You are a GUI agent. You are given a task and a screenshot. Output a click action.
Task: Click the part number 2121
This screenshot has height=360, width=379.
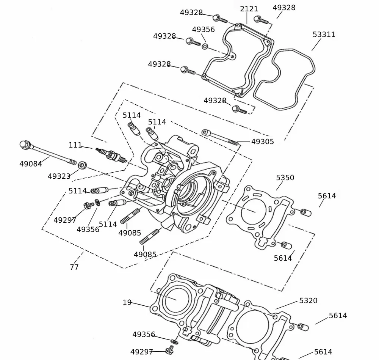pyautogui.click(x=249, y=9)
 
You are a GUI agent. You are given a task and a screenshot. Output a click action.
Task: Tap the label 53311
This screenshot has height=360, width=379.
pyautogui.click(x=324, y=35)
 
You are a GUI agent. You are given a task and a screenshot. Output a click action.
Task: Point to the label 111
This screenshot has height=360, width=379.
pyautogui.click(x=75, y=145)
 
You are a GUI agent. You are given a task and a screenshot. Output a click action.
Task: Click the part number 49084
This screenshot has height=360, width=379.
pyautogui.click(x=31, y=164)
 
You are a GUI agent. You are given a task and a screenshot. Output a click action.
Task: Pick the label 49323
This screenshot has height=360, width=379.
pyautogui.click(x=59, y=176)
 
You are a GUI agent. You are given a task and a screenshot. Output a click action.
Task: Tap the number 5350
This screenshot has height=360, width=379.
pyautogui.click(x=285, y=178)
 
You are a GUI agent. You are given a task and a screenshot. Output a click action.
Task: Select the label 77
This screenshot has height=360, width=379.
pyautogui.click(x=74, y=267)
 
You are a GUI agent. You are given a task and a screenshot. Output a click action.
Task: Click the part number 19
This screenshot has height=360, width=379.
pyautogui.click(x=127, y=302)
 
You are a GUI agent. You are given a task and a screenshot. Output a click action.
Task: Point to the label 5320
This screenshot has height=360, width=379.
pyautogui.click(x=308, y=300)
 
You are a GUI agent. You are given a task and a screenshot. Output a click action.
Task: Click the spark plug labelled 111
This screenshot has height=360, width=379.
pyautogui.click(x=111, y=154)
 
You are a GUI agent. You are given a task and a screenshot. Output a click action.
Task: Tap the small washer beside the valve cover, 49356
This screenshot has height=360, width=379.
pyautogui.click(x=205, y=46)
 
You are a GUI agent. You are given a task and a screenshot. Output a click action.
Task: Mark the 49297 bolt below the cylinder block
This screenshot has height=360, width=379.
pyautogui.click(x=169, y=347)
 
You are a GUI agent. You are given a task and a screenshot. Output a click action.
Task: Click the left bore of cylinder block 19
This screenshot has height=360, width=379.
pyautogui.click(x=175, y=299)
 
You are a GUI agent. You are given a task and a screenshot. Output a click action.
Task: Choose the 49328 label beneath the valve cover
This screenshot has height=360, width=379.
pyautogui.click(x=215, y=101)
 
